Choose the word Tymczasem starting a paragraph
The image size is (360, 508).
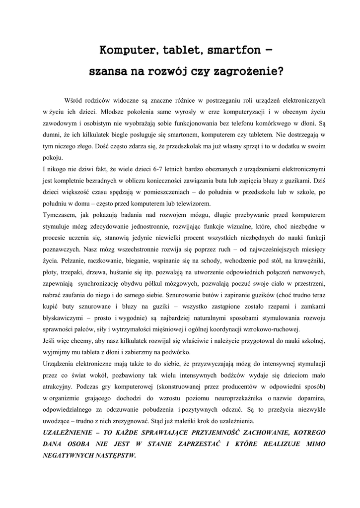point(59,215)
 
